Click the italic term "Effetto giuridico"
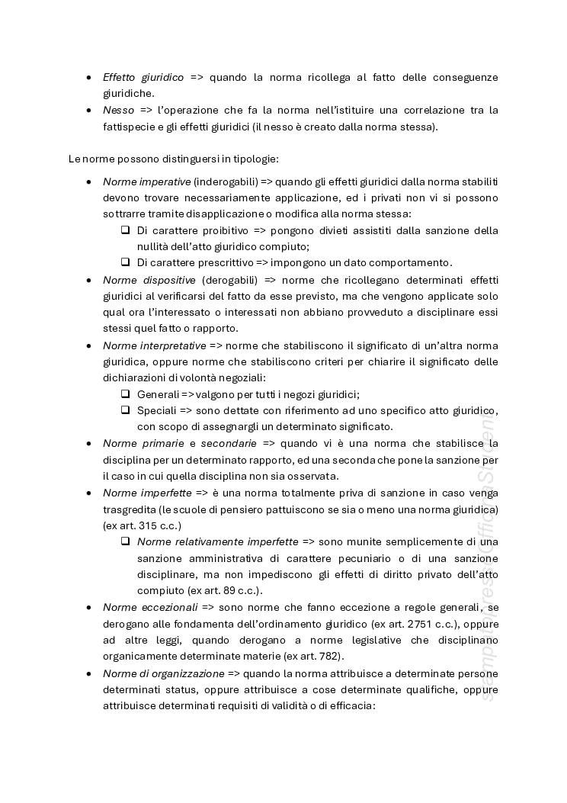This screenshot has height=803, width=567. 143,78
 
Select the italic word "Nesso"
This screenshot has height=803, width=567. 118,111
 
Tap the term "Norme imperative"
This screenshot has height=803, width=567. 146,181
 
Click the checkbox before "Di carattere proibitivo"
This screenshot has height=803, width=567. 125,230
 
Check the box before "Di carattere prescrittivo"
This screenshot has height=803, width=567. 125,262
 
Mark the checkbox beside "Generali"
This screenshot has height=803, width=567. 125,394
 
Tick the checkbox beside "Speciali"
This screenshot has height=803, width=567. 125,410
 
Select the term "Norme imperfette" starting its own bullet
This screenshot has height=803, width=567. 147,493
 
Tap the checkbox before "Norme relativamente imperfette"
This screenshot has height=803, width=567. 125,542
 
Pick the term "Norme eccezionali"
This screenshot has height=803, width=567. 149,607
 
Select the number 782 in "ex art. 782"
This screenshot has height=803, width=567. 330,657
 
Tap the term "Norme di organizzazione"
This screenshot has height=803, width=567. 163,673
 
